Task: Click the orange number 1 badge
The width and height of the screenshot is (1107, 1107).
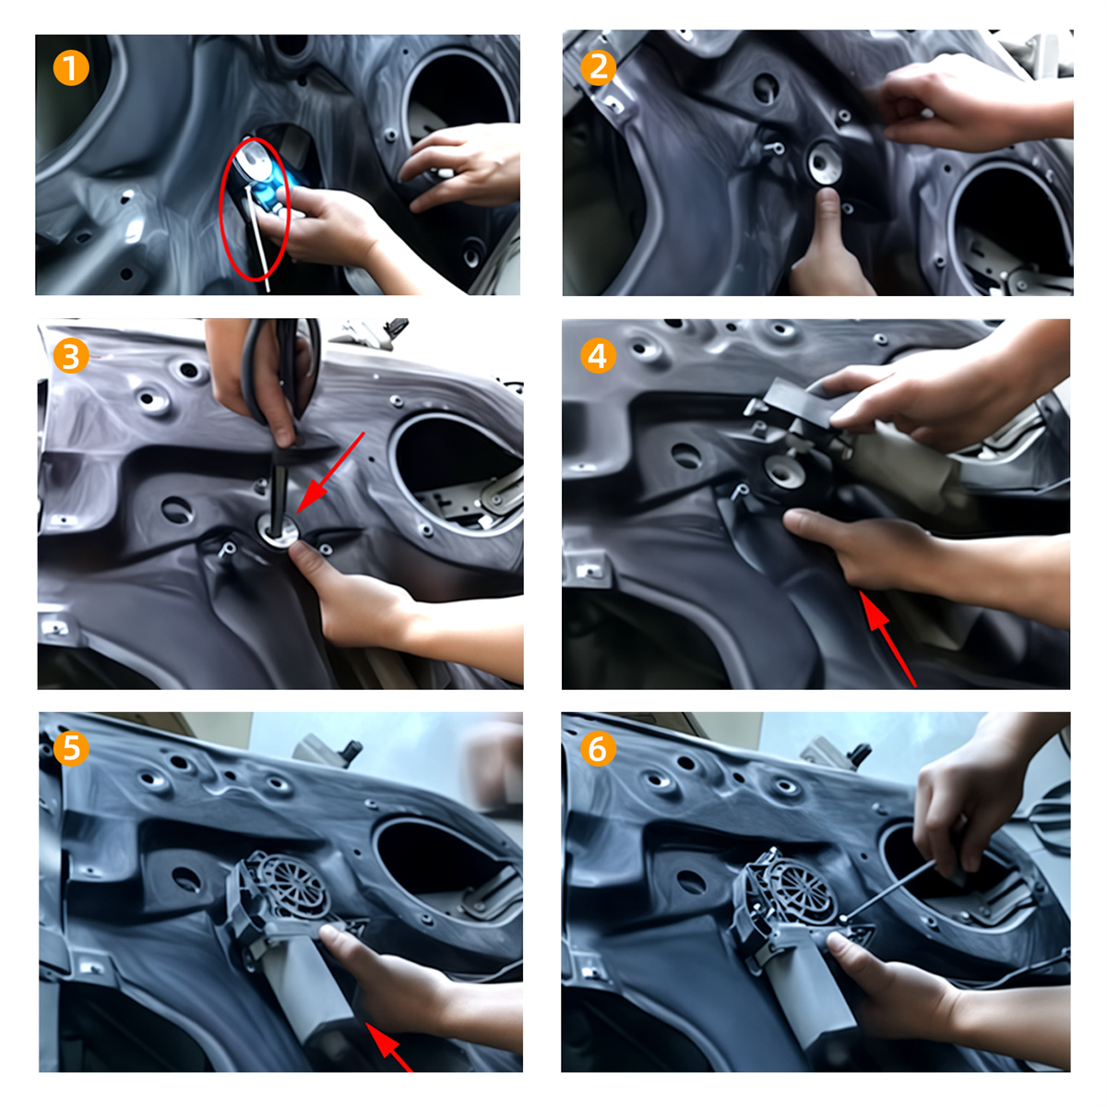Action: click(x=71, y=67)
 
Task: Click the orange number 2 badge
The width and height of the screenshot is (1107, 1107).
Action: click(x=598, y=67)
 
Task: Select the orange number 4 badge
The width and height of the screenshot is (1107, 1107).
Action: click(x=598, y=355)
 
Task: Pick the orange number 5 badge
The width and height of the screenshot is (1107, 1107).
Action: click(x=71, y=748)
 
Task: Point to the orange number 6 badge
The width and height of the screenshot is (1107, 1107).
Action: click(x=598, y=748)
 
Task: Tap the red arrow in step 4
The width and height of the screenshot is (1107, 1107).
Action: click(x=887, y=637)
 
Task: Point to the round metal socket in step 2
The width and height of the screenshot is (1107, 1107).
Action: click(x=825, y=161)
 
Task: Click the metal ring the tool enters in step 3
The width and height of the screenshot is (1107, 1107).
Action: click(x=280, y=531)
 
